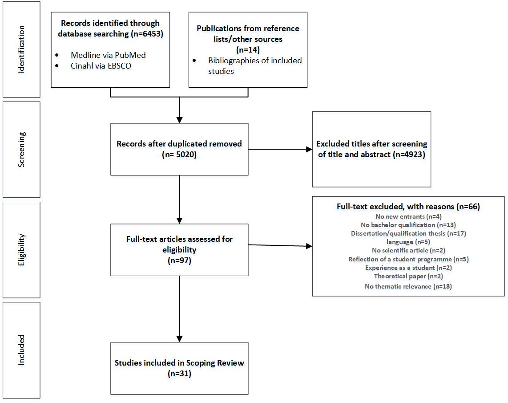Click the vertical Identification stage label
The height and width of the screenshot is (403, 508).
point(21,49)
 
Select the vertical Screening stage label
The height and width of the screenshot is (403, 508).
point(21,150)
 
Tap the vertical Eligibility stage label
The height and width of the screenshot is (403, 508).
point(21,250)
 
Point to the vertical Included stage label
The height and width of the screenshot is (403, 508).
point(21,350)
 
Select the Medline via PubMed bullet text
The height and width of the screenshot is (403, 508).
point(108,55)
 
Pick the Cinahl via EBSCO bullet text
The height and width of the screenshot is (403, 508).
point(101,66)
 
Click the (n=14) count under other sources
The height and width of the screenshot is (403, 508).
point(248,49)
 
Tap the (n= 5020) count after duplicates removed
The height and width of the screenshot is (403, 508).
point(179,155)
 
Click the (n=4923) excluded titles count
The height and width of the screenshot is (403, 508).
point(409,155)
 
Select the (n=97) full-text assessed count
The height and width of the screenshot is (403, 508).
point(179,261)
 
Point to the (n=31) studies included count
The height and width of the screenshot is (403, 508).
point(179,374)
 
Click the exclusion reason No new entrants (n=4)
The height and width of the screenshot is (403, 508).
point(408,216)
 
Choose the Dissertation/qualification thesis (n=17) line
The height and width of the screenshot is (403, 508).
point(408,233)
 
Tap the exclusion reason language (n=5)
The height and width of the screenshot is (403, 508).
point(408,242)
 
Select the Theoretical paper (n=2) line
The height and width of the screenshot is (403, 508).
point(408,276)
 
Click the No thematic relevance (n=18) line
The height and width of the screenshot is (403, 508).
point(408,286)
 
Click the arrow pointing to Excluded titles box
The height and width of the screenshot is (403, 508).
point(280,150)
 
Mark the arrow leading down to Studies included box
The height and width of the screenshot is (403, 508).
point(179,309)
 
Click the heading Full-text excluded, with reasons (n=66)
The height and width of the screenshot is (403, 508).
point(408,207)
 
